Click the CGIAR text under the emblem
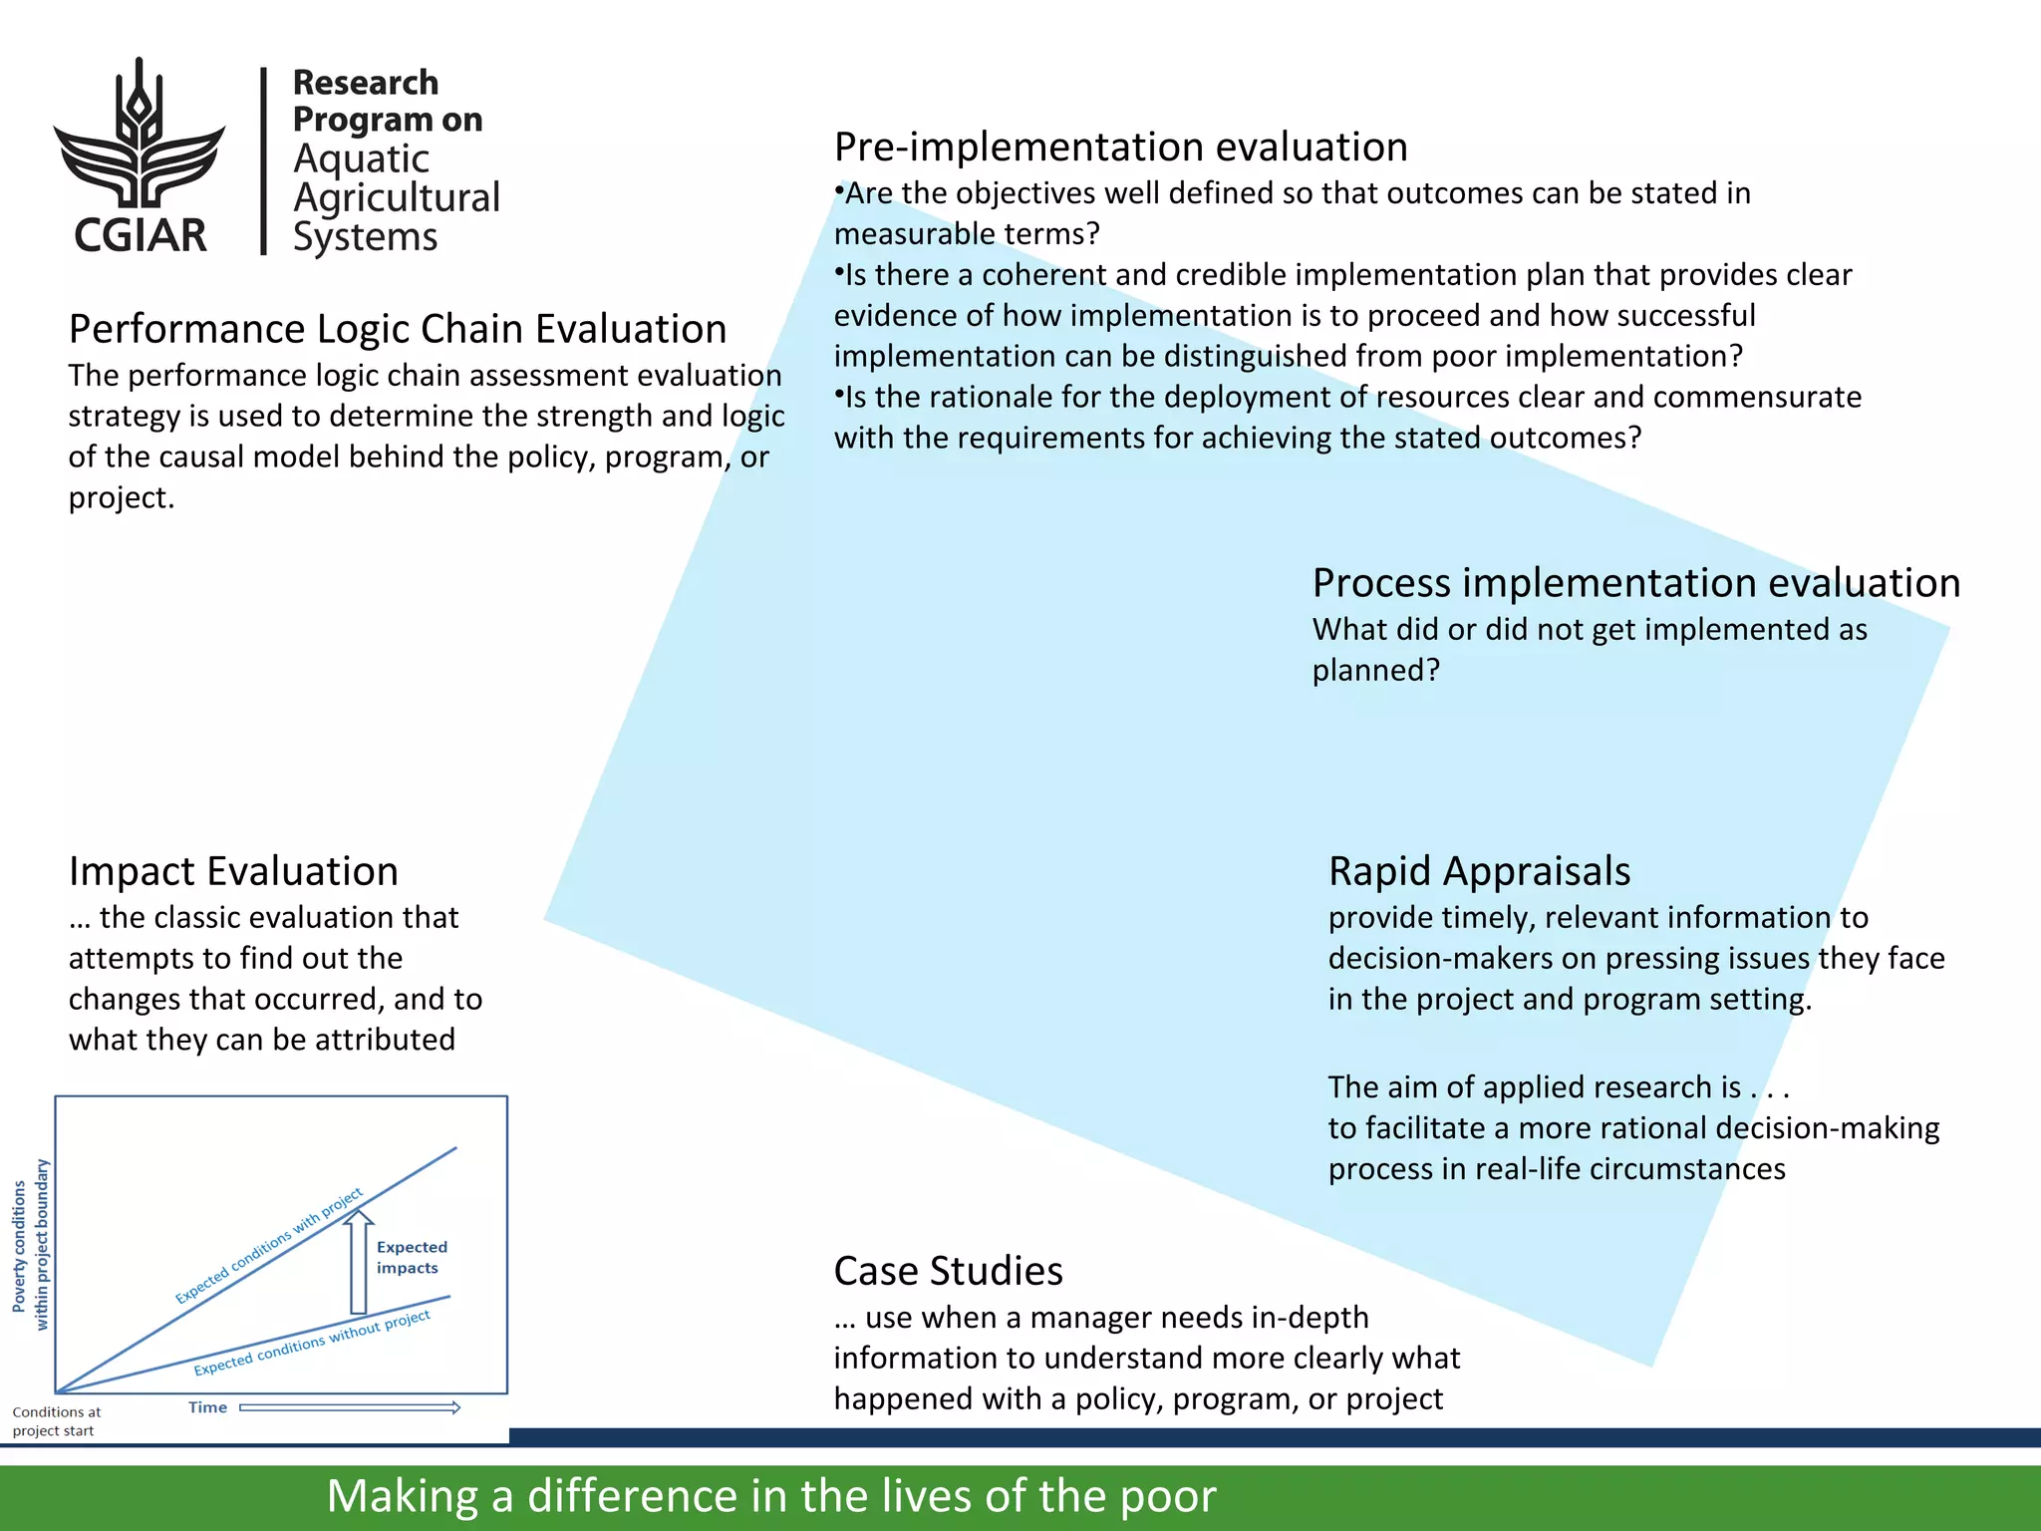[x=141, y=235]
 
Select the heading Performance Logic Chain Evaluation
[x=398, y=329]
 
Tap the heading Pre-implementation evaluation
[x=1120, y=148]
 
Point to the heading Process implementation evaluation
[x=1635, y=583]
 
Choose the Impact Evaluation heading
[x=233, y=871]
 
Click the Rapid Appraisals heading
[x=1479, y=871]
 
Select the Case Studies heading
[x=948, y=1271]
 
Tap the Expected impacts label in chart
[x=411, y=1258]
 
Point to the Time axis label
[x=207, y=1407]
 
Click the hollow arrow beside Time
[x=350, y=1407]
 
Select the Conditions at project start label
[x=56, y=1421]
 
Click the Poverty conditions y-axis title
[x=30, y=1245]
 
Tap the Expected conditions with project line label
[x=269, y=1246]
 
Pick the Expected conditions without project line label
[x=312, y=1344]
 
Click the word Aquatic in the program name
[x=361, y=159]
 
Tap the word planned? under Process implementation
[x=1375, y=671]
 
